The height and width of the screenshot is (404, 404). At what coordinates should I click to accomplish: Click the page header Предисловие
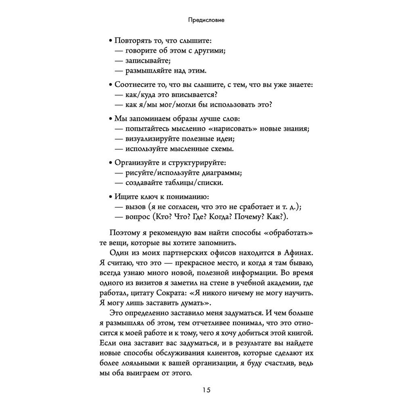click(202, 19)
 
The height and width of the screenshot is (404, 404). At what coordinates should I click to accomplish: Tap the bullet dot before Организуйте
click(111, 163)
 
